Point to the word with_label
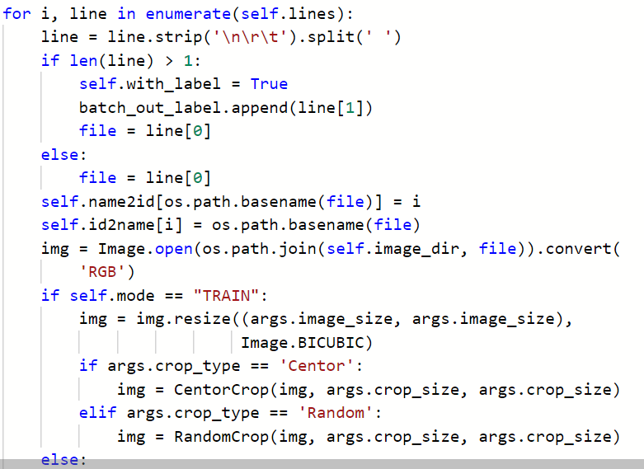(x=160, y=84)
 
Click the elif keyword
(x=98, y=413)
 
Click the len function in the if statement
(x=74, y=61)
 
